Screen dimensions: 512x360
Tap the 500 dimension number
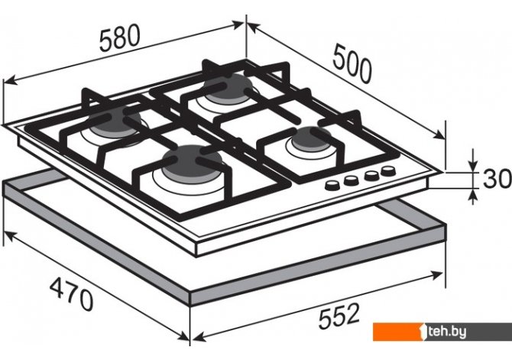click(x=352, y=64)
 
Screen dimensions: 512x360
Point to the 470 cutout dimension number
click(x=72, y=294)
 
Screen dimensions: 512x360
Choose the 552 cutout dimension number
click(x=339, y=316)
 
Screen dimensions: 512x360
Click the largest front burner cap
click(x=193, y=162)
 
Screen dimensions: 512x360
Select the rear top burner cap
click(x=228, y=86)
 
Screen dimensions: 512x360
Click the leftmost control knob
click(x=332, y=186)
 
